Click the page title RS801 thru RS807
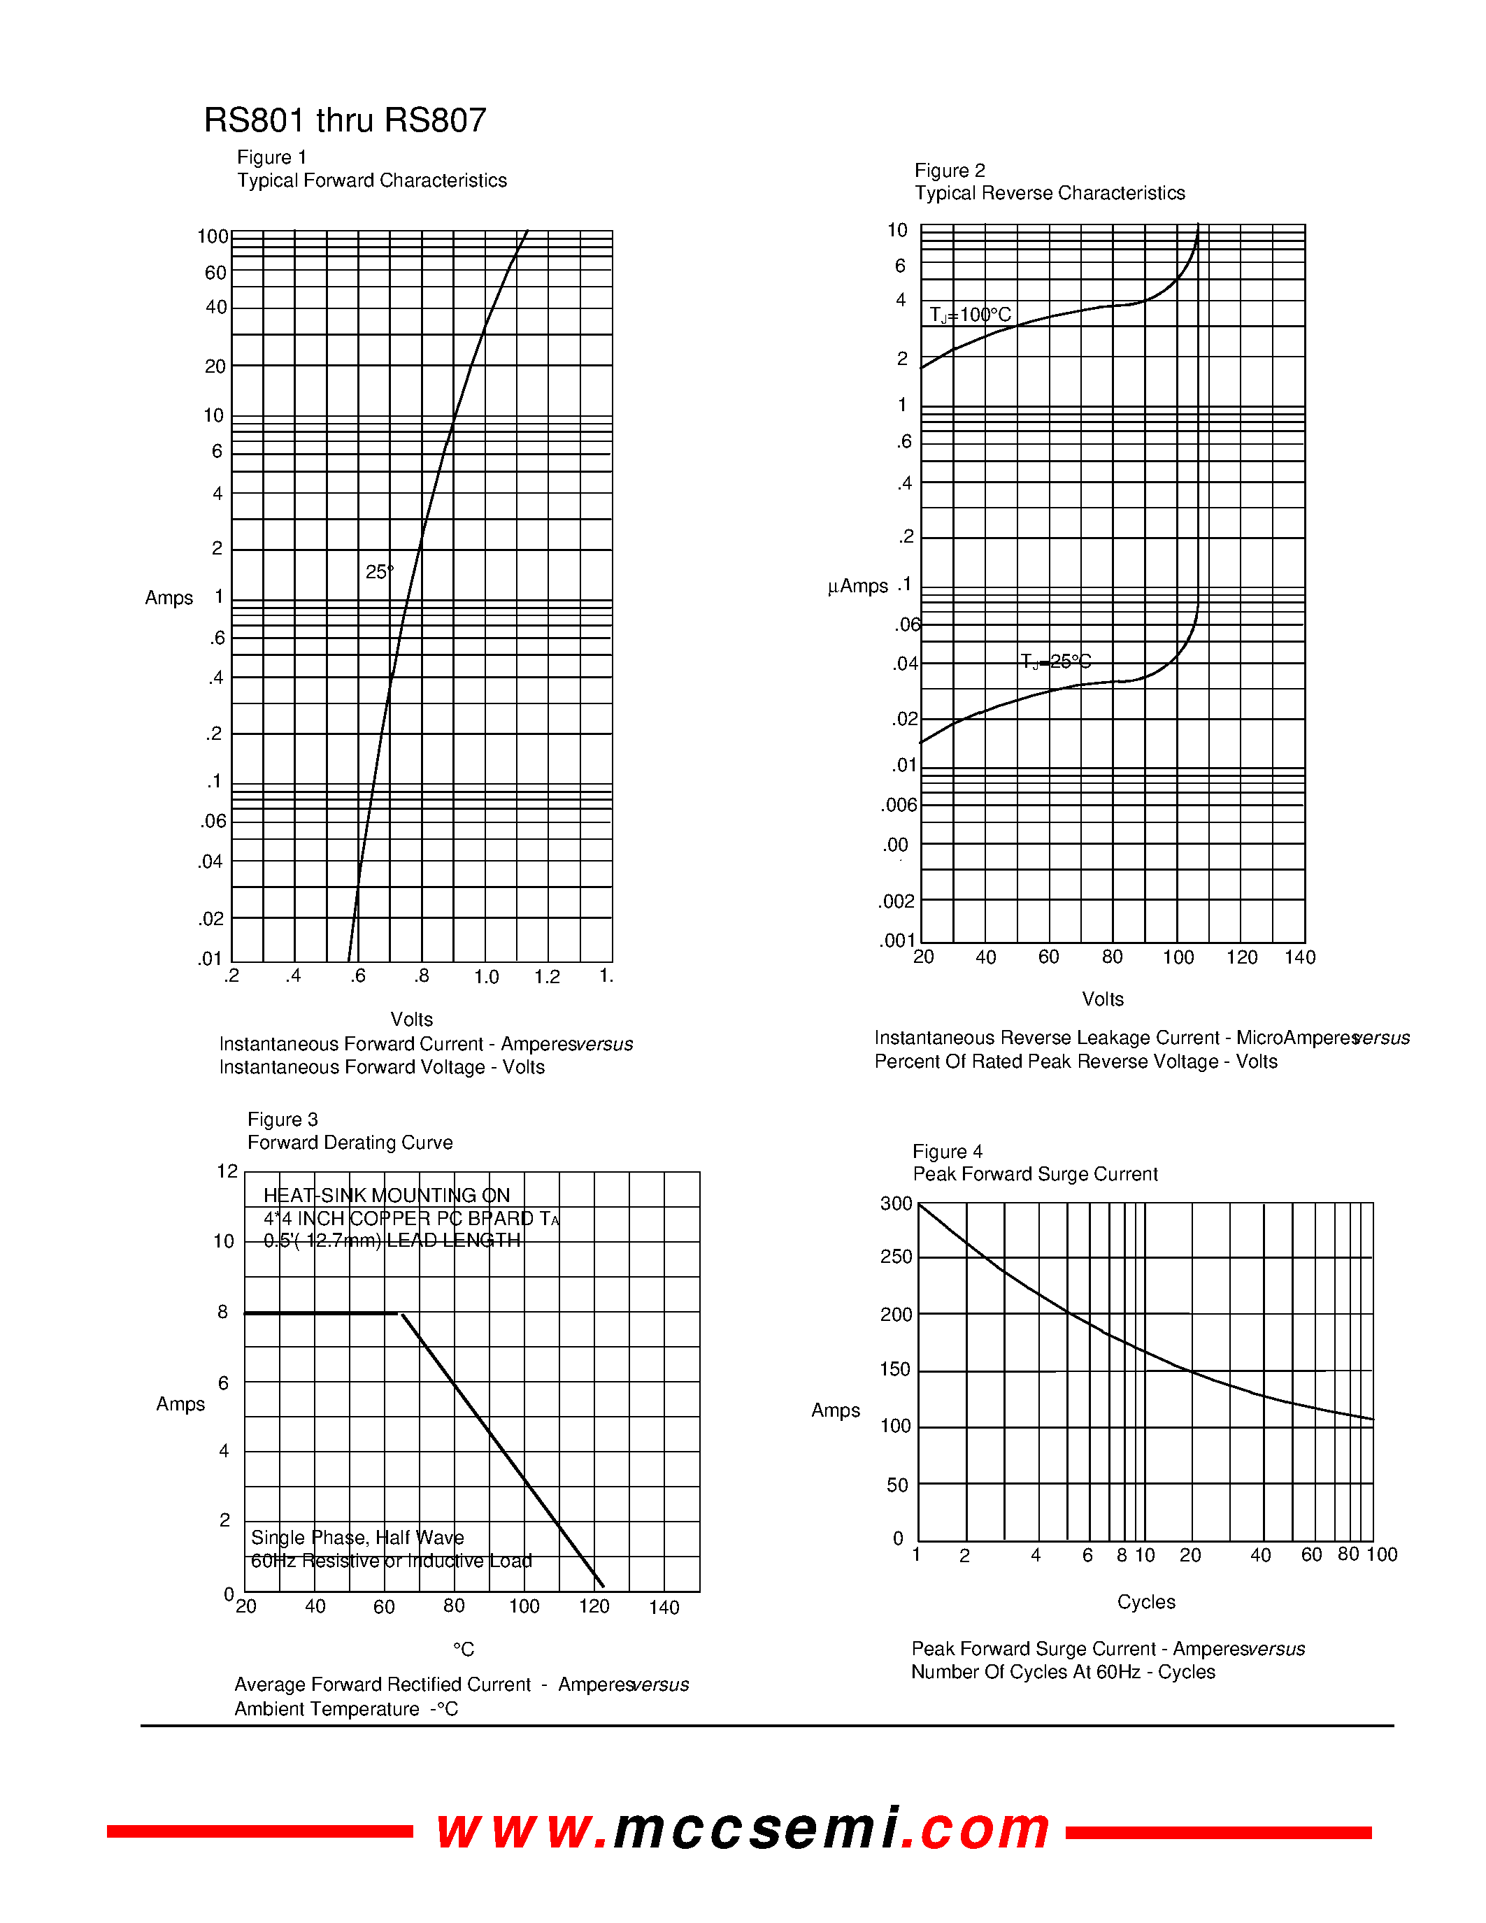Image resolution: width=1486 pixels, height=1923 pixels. [x=344, y=121]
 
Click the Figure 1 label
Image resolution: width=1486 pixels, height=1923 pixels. [x=271, y=157]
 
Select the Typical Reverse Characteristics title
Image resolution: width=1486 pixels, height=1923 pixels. [x=1050, y=194]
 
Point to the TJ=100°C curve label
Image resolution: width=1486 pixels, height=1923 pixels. [x=970, y=315]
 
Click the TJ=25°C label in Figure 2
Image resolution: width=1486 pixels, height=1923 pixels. [x=1055, y=662]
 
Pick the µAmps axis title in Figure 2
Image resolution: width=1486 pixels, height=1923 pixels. [x=857, y=587]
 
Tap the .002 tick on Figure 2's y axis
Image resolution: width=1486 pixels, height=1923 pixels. [x=896, y=901]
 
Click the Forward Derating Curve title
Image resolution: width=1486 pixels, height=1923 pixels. [x=350, y=1143]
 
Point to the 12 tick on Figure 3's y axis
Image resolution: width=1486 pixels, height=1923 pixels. [x=227, y=1172]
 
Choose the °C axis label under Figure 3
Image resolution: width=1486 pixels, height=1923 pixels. [x=464, y=1649]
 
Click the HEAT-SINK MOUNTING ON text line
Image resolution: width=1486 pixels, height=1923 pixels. [x=387, y=1196]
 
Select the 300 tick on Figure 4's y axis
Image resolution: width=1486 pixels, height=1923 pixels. [x=896, y=1203]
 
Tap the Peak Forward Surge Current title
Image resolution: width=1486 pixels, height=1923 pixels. [x=1034, y=1175]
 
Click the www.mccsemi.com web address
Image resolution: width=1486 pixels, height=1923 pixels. [x=743, y=1828]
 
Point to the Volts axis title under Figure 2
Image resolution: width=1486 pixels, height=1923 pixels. [x=1102, y=999]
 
